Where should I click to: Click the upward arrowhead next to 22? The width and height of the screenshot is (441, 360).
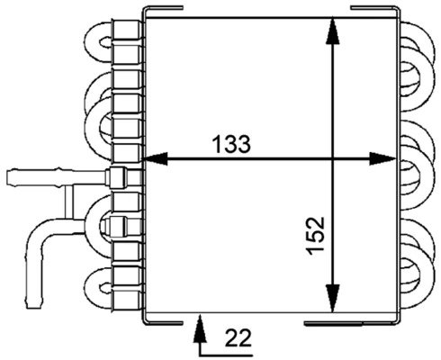tap(199, 319)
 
